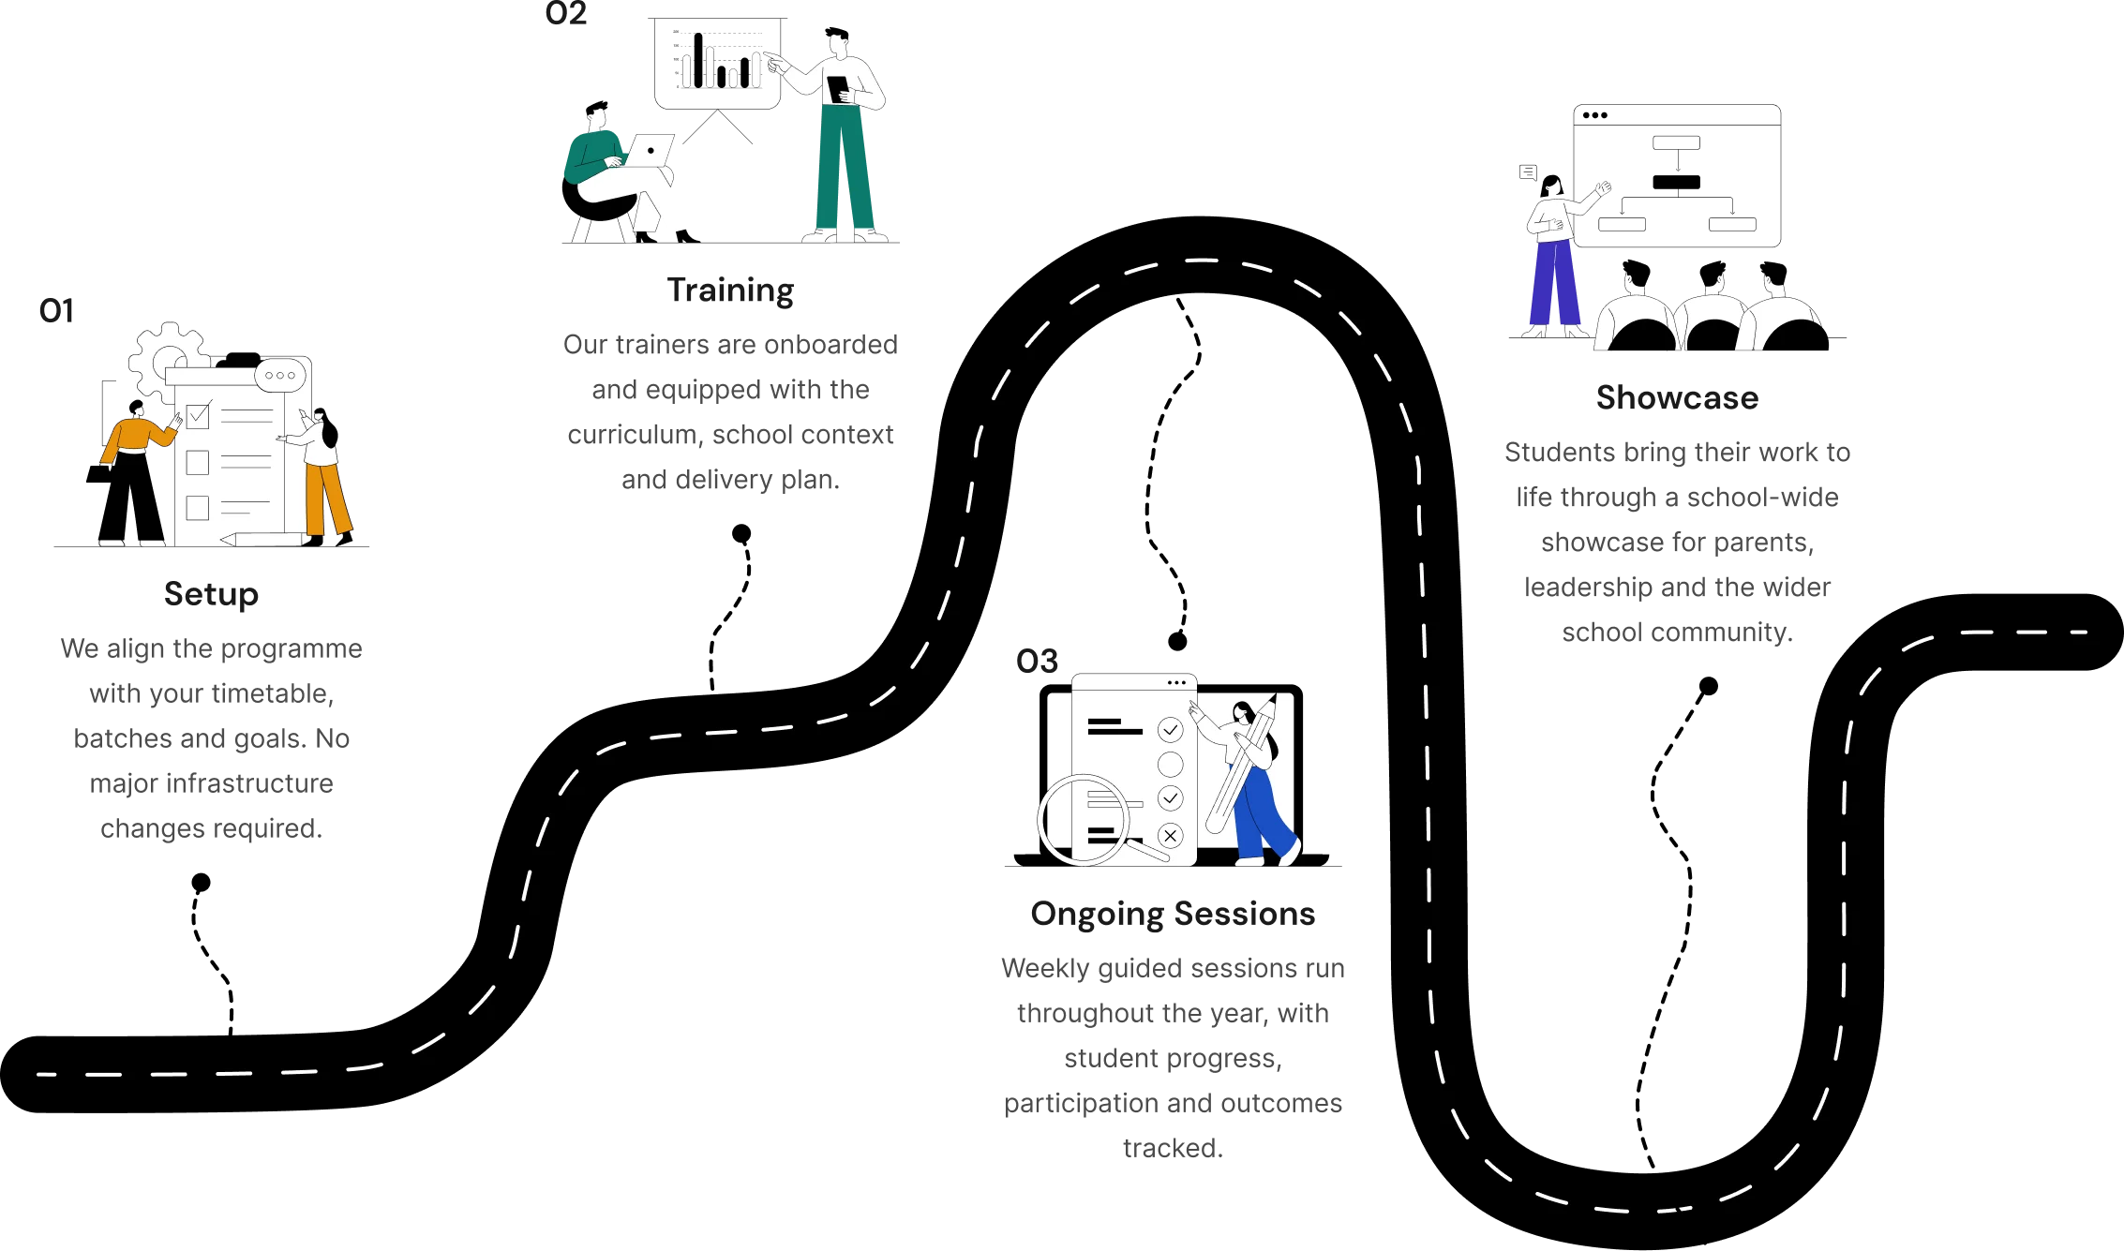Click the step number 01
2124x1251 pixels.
[56, 311]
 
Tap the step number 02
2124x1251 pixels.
[566, 13]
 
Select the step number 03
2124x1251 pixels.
[1037, 662]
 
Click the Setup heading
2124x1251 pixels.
[211, 594]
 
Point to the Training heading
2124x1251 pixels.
[730, 291]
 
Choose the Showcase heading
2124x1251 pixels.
[1677, 397]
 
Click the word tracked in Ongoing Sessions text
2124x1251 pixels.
[1173, 1148]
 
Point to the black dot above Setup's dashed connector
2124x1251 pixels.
[201, 883]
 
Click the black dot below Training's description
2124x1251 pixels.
[741, 533]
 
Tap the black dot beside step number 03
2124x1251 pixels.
[1177, 641]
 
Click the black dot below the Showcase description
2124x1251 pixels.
[1709, 686]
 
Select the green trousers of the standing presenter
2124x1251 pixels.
[844, 169]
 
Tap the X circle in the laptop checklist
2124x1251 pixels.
[1171, 835]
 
